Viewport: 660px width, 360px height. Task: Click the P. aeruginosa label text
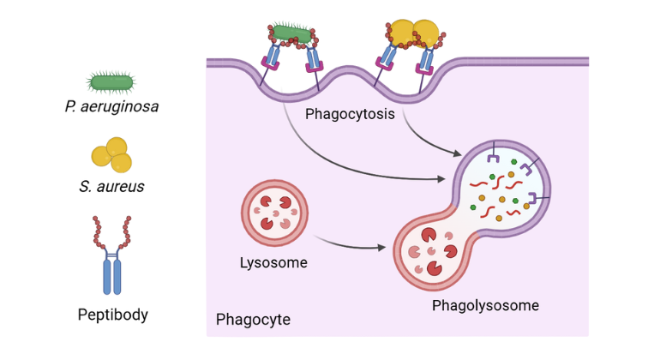[111, 107]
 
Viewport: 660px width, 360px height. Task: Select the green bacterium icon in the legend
[111, 82]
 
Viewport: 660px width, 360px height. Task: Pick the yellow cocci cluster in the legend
[111, 155]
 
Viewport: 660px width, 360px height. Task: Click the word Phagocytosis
[347, 114]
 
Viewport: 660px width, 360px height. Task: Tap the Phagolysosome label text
[485, 305]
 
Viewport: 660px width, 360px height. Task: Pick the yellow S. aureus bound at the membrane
[414, 32]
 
